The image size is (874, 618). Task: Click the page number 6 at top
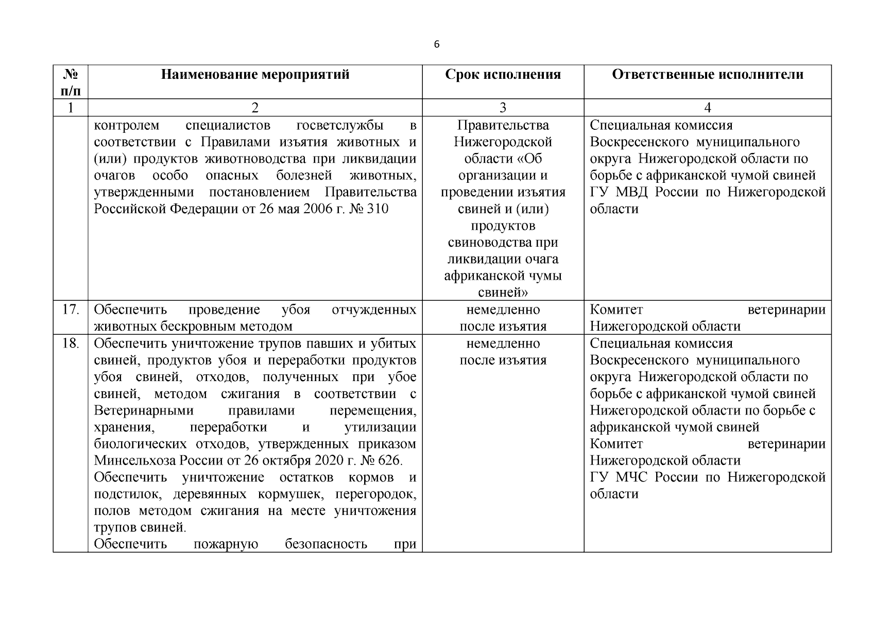[x=437, y=45]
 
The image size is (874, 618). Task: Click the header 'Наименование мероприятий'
[x=255, y=75]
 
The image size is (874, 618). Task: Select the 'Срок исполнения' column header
[x=503, y=75]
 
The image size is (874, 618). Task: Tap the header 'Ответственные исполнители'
[x=707, y=75]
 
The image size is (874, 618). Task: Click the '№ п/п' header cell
[x=71, y=82]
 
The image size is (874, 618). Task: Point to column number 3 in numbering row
[x=503, y=108]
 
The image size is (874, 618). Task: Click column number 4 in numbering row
[x=707, y=108]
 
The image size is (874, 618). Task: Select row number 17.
[x=71, y=310]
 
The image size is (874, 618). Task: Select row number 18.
[x=71, y=344]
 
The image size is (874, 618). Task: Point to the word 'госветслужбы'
[x=340, y=126]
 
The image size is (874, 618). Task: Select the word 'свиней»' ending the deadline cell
[x=503, y=293]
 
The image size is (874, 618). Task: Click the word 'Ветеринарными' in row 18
[x=144, y=410]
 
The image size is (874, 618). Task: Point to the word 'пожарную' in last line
[x=226, y=544]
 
